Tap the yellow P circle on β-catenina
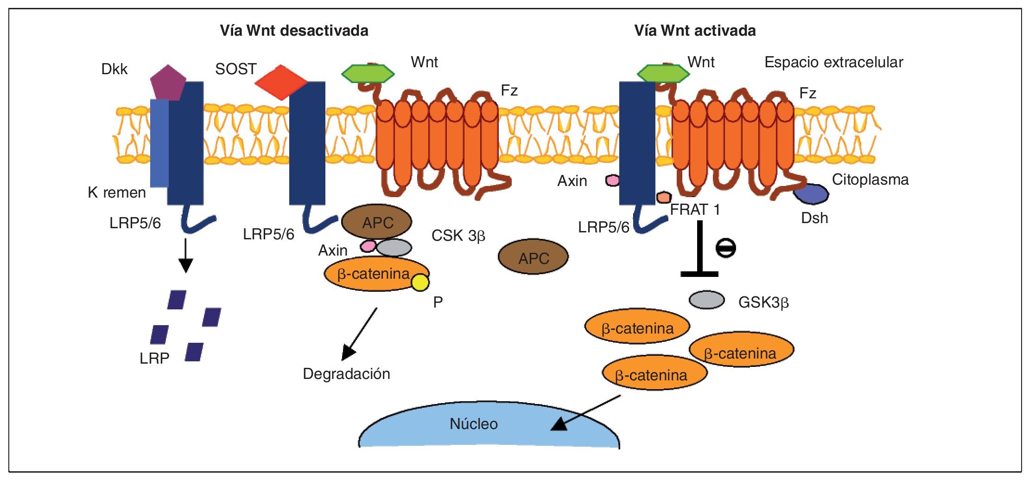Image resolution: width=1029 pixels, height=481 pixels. click(x=420, y=282)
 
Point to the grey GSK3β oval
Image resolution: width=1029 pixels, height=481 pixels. click(x=706, y=300)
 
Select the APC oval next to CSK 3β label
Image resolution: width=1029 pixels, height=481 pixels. click(x=533, y=257)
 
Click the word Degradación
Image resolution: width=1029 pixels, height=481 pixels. click(x=346, y=374)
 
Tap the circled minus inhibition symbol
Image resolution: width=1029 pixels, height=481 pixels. click(x=725, y=248)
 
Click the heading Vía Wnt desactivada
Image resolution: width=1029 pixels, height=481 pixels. click(x=294, y=31)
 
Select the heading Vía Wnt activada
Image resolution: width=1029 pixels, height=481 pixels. click(x=695, y=31)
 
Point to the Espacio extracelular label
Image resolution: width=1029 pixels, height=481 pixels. click(x=833, y=62)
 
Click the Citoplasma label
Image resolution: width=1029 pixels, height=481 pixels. click(x=870, y=180)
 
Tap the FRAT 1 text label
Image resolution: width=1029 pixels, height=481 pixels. click(x=695, y=210)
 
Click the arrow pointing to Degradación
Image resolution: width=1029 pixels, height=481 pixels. click(x=360, y=333)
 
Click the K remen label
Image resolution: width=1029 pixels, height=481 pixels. click(x=117, y=192)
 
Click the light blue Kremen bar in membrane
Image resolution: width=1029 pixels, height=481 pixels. click(x=159, y=144)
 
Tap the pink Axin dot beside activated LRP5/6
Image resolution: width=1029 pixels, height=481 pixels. click(x=612, y=180)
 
